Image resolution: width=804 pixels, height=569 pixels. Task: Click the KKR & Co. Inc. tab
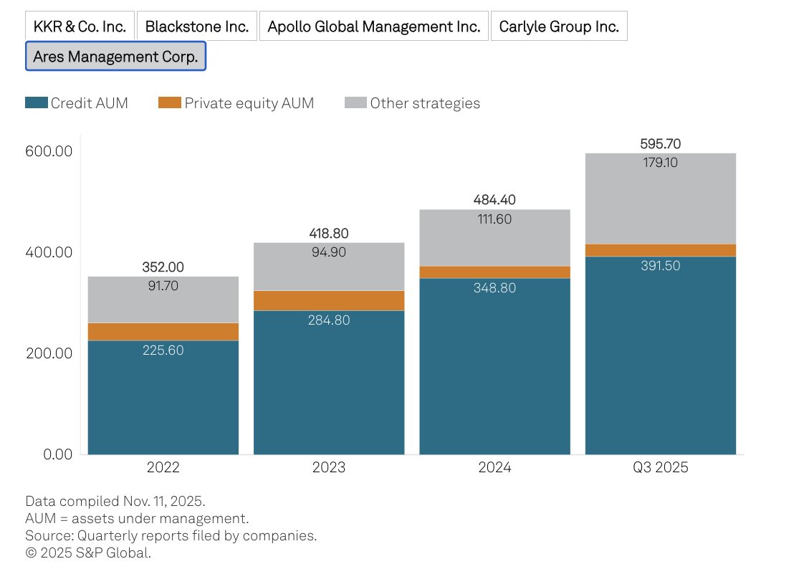pos(80,27)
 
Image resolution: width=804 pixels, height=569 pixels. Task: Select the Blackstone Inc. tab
pos(196,27)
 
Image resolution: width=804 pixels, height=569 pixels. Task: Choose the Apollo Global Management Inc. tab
pos(373,27)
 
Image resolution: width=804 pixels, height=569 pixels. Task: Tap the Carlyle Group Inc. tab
pos(559,27)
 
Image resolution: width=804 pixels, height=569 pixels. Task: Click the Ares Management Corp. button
pos(115,57)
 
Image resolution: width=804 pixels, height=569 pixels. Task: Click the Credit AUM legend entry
pos(77,102)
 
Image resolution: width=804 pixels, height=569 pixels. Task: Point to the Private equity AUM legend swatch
pos(169,102)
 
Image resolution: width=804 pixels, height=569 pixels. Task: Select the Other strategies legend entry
pos(412,102)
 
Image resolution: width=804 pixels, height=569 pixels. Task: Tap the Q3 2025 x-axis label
pos(660,468)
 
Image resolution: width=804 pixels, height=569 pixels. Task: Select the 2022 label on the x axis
pos(163,468)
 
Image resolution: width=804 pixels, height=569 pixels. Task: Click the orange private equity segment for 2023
pos(329,300)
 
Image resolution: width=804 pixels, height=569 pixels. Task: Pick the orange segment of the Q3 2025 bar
pos(660,250)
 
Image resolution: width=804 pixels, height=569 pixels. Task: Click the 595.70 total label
pos(660,144)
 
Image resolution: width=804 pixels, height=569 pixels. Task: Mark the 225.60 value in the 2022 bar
pos(163,350)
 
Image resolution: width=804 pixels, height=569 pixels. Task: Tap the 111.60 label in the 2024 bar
pos(494,219)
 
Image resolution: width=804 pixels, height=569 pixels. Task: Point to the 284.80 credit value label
pos(329,320)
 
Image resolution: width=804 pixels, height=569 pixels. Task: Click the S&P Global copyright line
pos(88,553)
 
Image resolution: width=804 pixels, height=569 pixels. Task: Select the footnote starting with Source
pos(171,535)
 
